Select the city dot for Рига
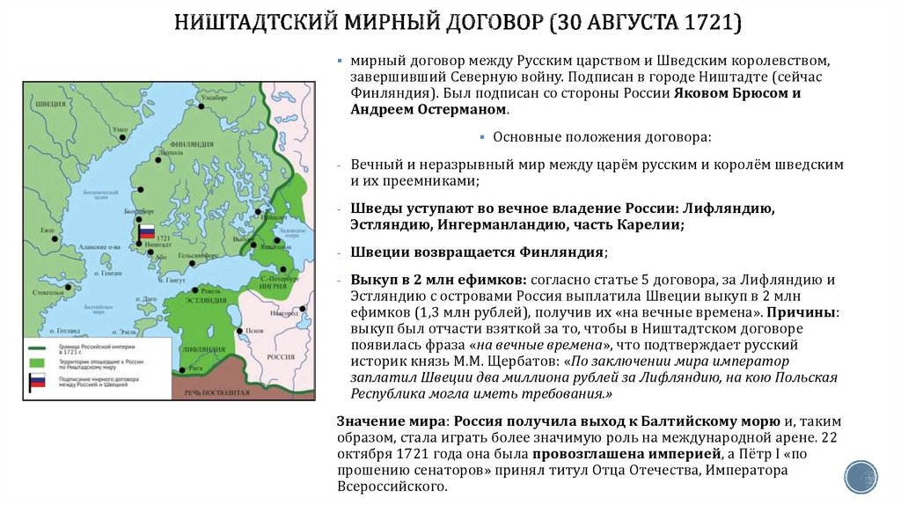point(181,370)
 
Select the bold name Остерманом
point(458,110)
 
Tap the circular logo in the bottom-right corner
point(861,476)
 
